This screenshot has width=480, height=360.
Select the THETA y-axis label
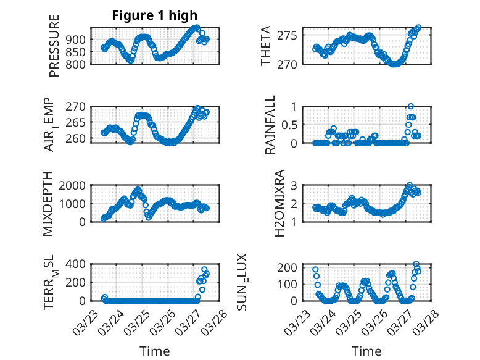pyautogui.click(x=266, y=46)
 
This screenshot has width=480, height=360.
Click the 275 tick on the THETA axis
pyautogui.click(x=291, y=35)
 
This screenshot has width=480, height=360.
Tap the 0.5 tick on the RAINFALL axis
pyautogui.click(x=289, y=125)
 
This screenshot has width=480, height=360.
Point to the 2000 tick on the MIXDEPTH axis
pyautogui.click(x=76, y=185)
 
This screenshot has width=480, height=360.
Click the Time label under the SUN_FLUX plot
pyautogui.click(x=366, y=351)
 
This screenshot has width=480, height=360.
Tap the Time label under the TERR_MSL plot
pyautogui.click(x=155, y=351)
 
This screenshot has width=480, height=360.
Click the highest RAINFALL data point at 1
pyautogui.click(x=411, y=106)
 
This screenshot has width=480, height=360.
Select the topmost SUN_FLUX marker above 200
pyautogui.click(x=416, y=264)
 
